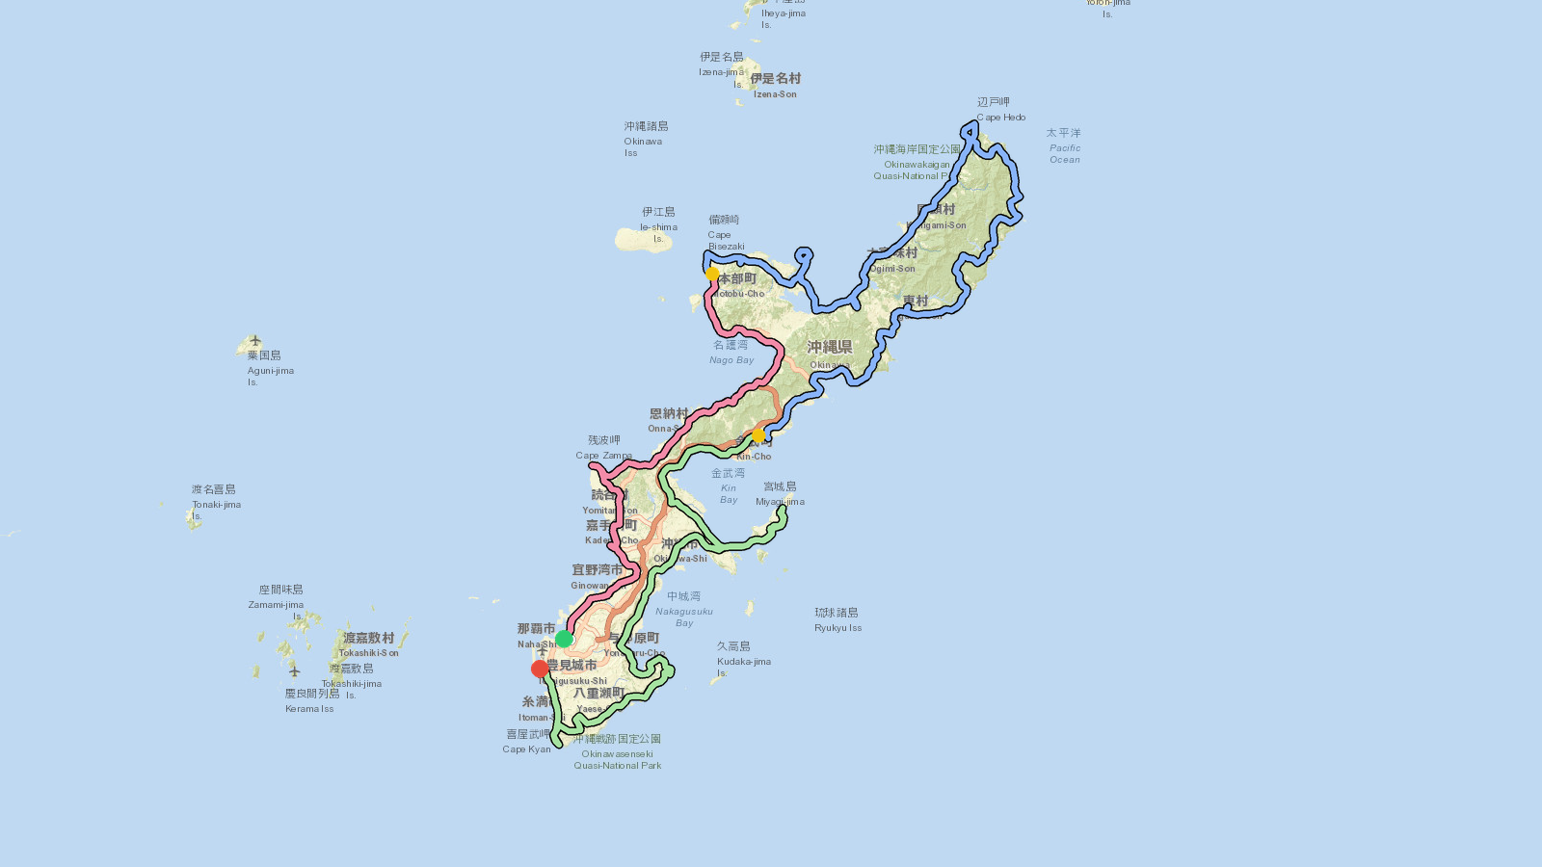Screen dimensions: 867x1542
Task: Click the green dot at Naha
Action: click(564, 639)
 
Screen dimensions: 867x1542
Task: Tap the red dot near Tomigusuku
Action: click(540, 669)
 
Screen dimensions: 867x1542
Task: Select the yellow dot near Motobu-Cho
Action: click(712, 275)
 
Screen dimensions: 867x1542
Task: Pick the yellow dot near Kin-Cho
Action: click(758, 436)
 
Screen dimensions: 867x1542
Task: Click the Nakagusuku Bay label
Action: click(684, 610)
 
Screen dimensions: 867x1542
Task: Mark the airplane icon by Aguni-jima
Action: click(255, 340)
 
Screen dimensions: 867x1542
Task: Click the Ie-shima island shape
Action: click(643, 240)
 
